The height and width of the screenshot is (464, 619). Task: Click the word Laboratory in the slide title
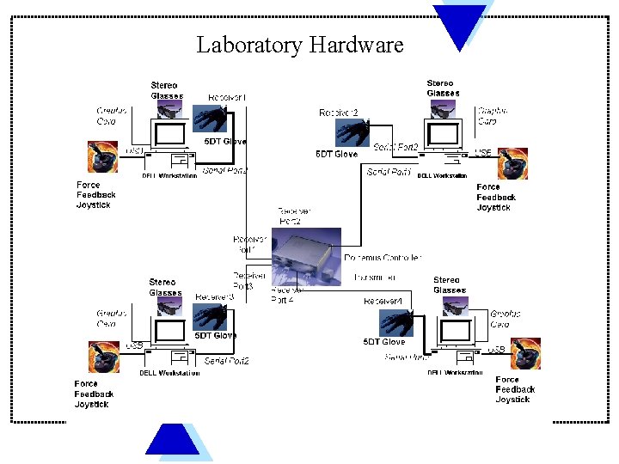pyautogui.click(x=249, y=45)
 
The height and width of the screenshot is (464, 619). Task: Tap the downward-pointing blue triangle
pyautogui.click(x=459, y=25)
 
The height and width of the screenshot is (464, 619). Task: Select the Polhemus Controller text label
pyautogui.click(x=383, y=258)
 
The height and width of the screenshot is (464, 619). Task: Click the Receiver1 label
pyautogui.click(x=227, y=98)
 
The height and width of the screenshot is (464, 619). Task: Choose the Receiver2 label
pyautogui.click(x=338, y=113)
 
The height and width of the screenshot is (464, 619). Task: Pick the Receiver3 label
pyautogui.click(x=214, y=297)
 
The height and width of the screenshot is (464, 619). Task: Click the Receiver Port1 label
pyautogui.click(x=250, y=243)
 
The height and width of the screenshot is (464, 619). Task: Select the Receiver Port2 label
pyautogui.click(x=289, y=216)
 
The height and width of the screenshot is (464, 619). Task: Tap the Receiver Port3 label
pyautogui.click(x=248, y=281)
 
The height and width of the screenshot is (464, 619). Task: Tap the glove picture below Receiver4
pyautogui.click(x=396, y=322)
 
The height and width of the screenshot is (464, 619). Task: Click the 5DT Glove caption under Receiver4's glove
pyautogui.click(x=383, y=342)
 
